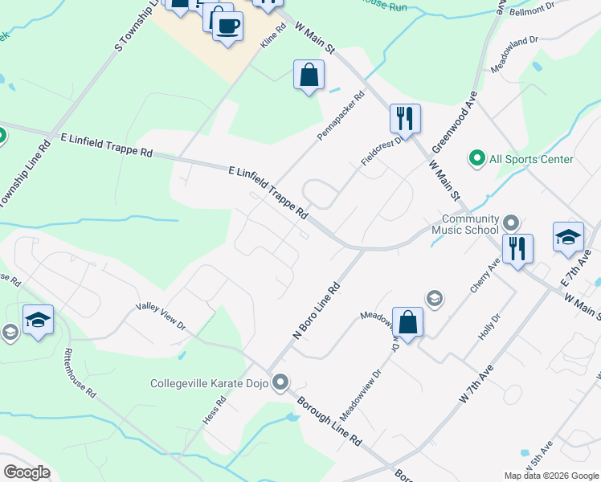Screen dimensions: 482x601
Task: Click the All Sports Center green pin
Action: point(476,159)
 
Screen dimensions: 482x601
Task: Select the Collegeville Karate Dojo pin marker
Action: point(280,383)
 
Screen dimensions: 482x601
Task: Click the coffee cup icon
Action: point(227,26)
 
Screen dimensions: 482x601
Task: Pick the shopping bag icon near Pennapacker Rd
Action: point(309,76)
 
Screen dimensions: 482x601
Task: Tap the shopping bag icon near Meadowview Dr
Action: point(408,322)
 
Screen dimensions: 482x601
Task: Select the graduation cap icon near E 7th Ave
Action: point(568,237)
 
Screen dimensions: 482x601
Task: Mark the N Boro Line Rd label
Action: point(317,310)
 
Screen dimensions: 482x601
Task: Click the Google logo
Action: point(27,472)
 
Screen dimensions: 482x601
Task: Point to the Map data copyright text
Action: point(551,476)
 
